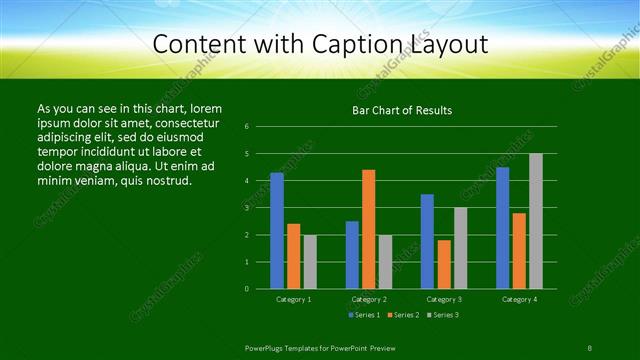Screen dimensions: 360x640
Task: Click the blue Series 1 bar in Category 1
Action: click(277, 231)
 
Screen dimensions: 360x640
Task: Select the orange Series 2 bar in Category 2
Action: click(369, 229)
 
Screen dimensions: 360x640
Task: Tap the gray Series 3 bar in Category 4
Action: click(536, 221)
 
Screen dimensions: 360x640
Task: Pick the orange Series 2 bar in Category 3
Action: click(444, 264)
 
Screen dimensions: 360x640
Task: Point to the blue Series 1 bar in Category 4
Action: click(502, 228)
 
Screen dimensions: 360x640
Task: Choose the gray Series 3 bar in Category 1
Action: click(310, 262)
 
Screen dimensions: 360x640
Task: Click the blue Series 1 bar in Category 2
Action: click(352, 255)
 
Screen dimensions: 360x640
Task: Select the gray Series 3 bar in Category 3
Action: click(460, 248)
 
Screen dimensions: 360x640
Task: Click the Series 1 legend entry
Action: click(363, 315)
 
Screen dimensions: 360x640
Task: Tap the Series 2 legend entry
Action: click(401, 315)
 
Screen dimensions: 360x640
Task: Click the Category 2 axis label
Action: click(369, 299)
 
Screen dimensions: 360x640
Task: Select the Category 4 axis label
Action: click(519, 299)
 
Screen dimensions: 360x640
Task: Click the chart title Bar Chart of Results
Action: click(402, 110)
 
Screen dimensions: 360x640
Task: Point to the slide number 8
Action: click(590, 347)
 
